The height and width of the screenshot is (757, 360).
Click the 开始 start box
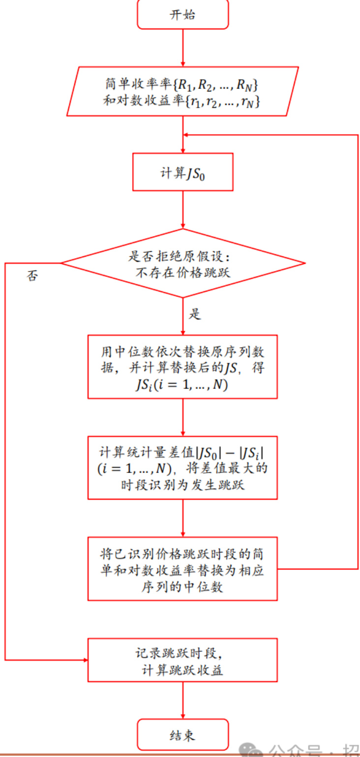point(183,15)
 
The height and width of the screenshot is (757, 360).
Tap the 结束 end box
point(183,735)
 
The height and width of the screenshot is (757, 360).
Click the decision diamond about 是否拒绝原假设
point(183,263)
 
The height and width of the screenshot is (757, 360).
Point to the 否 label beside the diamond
point(32,276)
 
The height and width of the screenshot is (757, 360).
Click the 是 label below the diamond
point(195,314)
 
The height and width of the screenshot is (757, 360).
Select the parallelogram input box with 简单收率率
point(183,91)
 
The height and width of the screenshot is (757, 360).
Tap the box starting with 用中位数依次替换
point(183,366)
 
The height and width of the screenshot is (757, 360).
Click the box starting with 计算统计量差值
point(183,468)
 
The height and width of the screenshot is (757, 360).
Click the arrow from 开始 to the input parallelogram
point(183,47)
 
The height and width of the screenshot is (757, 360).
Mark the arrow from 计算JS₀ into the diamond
point(183,210)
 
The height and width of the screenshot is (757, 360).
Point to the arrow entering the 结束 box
point(183,700)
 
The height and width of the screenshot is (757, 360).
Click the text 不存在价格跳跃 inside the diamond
point(182,272)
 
